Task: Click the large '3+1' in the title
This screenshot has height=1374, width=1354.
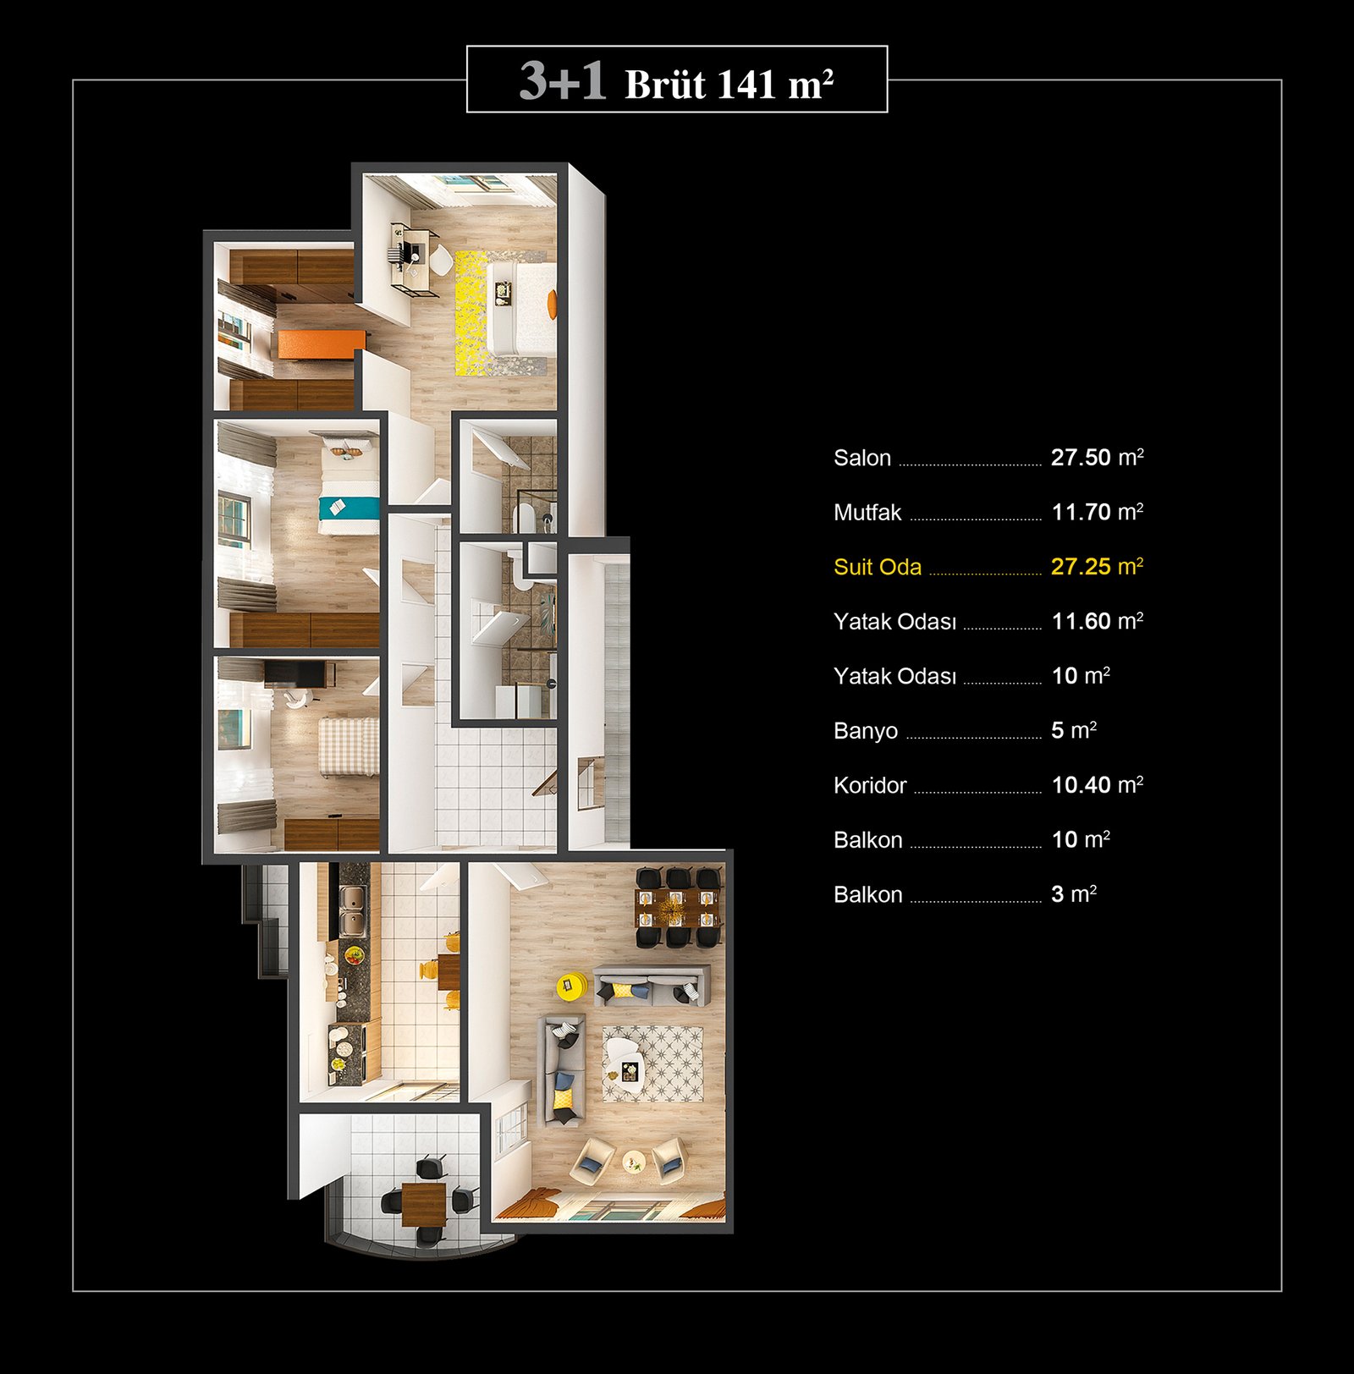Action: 563,81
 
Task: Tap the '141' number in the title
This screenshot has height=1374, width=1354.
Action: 747,84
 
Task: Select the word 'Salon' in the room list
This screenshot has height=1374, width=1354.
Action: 862,458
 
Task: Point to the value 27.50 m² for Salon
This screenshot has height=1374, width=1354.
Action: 1098,457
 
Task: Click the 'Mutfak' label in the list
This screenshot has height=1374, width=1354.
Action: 867,512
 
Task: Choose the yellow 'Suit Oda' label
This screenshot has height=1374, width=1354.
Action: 878,567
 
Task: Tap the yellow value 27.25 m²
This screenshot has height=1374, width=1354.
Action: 1098,566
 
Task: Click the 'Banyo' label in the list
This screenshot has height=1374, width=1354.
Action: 866,731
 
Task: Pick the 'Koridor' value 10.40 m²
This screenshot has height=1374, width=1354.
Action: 1098,784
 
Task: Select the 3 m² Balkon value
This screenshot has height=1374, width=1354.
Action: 1074,893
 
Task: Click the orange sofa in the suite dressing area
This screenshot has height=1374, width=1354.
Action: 322,343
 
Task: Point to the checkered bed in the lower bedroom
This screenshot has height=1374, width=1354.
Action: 349,746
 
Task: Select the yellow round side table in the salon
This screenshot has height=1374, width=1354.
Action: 572,986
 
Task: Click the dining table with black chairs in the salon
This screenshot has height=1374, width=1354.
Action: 678,908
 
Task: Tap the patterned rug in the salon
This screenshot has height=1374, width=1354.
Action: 652,1064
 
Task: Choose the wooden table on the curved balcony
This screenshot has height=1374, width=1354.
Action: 423,1203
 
